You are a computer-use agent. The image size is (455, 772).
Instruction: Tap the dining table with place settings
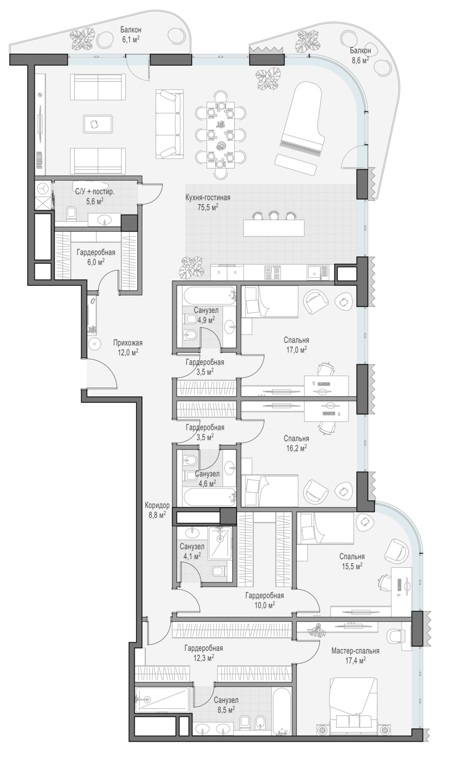221,134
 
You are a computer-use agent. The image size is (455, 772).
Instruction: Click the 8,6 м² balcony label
360,55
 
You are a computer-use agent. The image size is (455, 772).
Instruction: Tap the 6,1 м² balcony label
131,34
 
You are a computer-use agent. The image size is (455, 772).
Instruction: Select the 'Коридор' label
157,510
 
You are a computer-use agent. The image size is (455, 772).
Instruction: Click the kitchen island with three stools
274,228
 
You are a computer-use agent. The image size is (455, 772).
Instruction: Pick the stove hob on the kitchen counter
272,273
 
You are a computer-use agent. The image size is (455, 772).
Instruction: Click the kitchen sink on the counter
318,273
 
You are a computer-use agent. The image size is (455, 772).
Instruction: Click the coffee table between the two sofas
98,124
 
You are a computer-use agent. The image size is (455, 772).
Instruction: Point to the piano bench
296,164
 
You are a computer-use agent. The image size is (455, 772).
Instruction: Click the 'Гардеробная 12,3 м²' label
203,653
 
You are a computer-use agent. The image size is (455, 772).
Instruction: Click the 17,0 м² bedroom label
296,344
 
